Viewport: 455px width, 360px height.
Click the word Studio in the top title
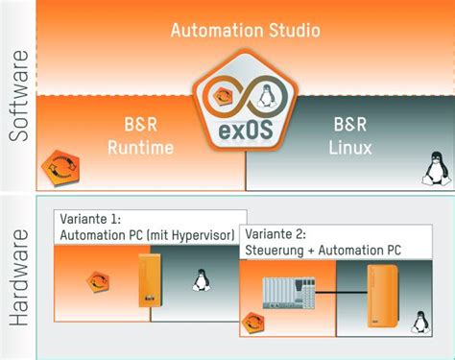(294, 30)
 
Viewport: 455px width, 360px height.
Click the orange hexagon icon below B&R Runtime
(56, 169)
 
